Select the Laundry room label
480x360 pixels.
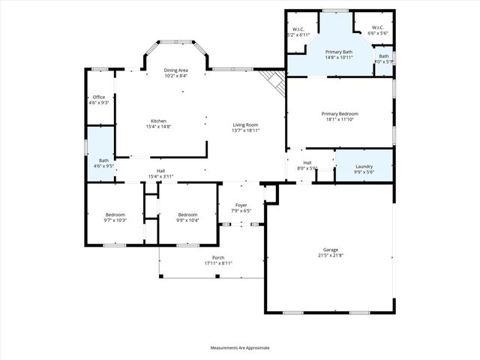pos(364,166)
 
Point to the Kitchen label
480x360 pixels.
pos(158,121)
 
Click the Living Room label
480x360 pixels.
pos(245,125)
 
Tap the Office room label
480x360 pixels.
pos(99,97)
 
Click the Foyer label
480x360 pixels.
pos(241,205)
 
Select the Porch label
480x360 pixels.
pos(218,258)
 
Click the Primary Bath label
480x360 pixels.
pos(339,52)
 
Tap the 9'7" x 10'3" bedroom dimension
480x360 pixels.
pos(115,220)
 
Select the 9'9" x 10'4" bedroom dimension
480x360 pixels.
pos(187,220)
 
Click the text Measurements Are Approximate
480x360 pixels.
pos(239,347)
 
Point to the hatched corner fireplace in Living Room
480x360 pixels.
pos(274,82)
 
